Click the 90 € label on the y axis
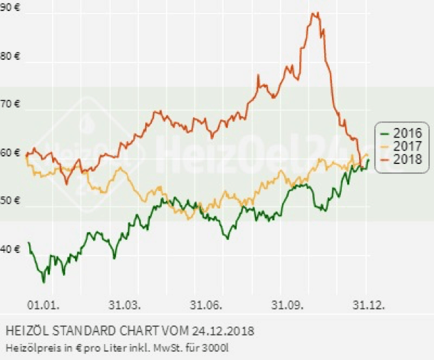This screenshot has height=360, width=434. point(10,8)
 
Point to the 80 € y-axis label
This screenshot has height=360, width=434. point(10,56)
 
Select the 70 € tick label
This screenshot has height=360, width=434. point(10,104)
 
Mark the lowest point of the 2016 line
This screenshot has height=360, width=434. point(44,282)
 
